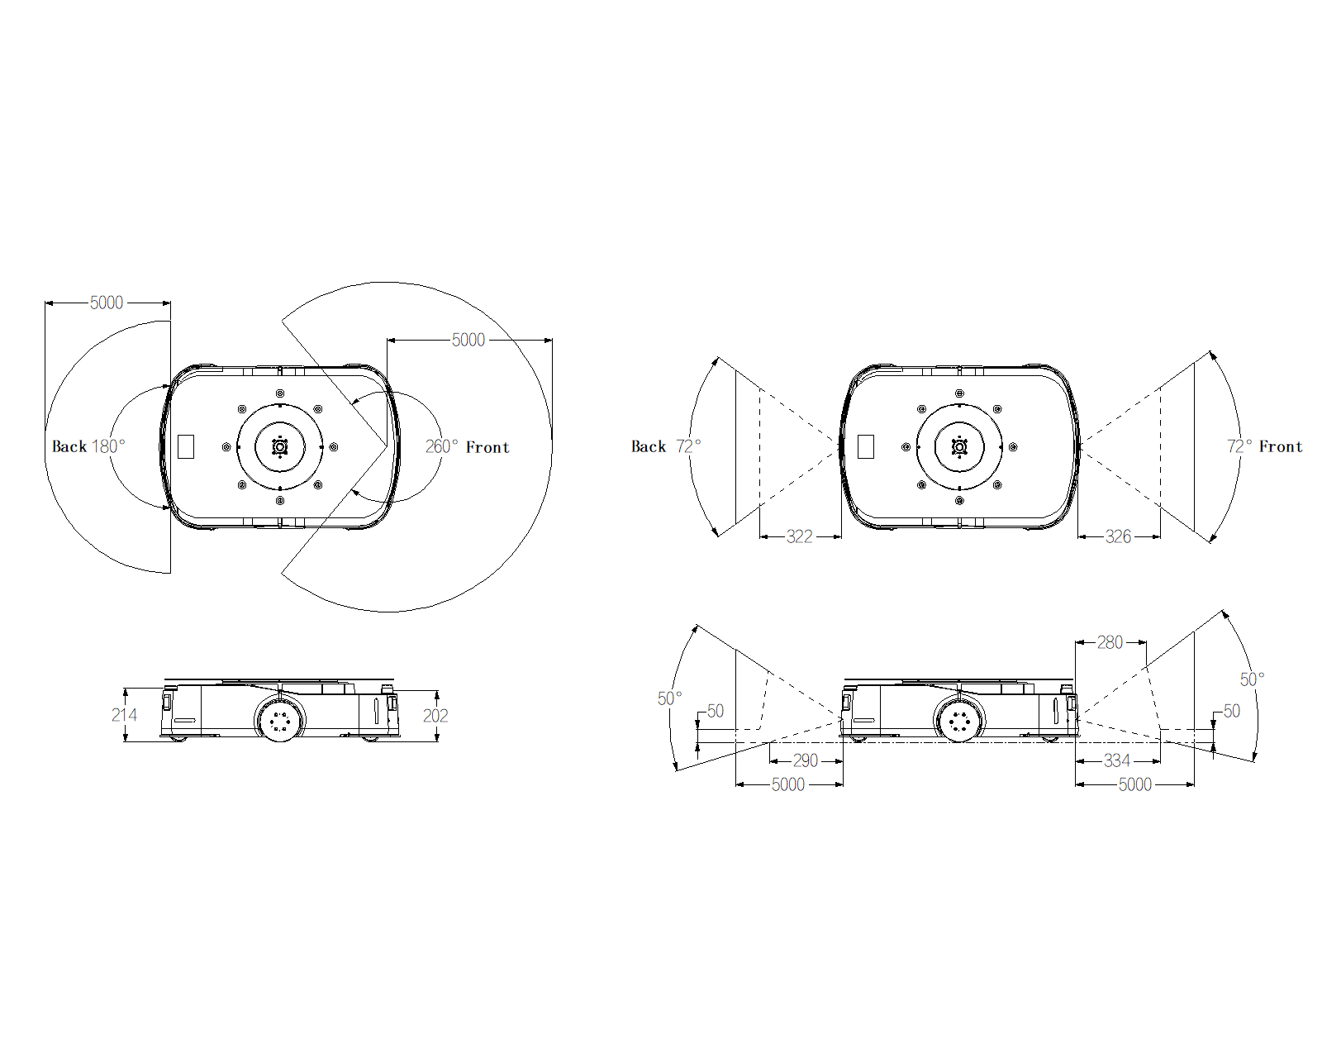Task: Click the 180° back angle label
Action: pos(107,446)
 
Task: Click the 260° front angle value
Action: pos(441,446)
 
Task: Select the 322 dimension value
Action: pos(799,536)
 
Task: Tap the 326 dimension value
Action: pos(1118,536)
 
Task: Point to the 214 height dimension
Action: pos(124,715)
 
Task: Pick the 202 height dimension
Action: pos(435,716)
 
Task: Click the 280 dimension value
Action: pos(1110,642)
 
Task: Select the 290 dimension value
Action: pos(805,760)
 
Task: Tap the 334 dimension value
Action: pos(1116,760)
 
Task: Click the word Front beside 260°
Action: pos(487,447)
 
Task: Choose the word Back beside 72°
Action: pos(649,446)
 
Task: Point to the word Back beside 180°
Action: pos(69,446)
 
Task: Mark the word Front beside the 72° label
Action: pos(1281,446)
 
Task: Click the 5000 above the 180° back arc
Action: pos(107,303)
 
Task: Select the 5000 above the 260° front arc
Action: pos(468,340)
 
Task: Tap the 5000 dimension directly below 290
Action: pos(787,784)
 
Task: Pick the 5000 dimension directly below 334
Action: pos(1134,784)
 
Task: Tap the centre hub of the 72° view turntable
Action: pos(959,446)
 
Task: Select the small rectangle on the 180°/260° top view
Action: pos(186,446)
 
